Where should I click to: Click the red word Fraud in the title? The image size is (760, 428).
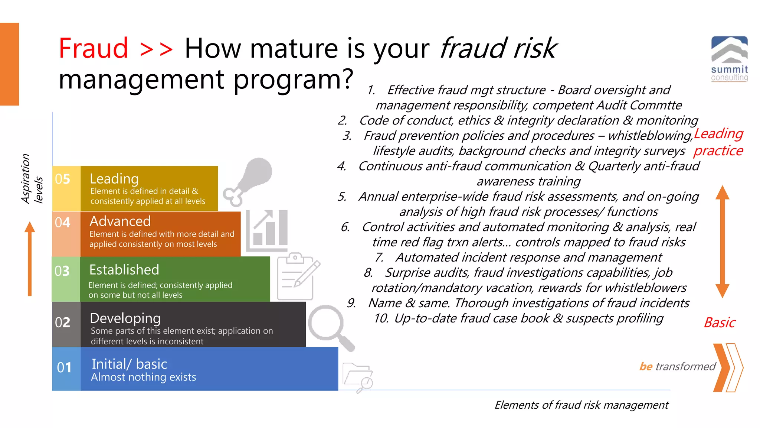(94, 48)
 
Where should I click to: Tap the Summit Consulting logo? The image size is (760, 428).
(729, 58)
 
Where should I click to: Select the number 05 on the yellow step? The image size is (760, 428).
(62, 179)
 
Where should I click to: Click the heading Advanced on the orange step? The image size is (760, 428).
(120, 221)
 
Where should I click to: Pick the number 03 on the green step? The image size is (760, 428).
(62, 271)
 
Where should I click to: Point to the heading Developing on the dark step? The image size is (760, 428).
(125, 318)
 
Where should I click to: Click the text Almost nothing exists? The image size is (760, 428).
(143, 377)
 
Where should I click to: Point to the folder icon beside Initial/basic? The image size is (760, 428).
(357, 376)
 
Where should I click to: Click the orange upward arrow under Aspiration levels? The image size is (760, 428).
(30, 259)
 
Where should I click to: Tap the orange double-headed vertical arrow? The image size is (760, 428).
(722, 241)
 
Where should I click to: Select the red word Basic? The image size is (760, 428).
(720, 322)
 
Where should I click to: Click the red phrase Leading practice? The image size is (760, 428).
(718, 142)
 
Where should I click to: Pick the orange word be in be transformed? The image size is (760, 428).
(646, 367)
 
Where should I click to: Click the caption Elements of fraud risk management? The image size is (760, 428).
(582, 405)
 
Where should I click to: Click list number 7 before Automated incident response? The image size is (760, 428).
(379, 257)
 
